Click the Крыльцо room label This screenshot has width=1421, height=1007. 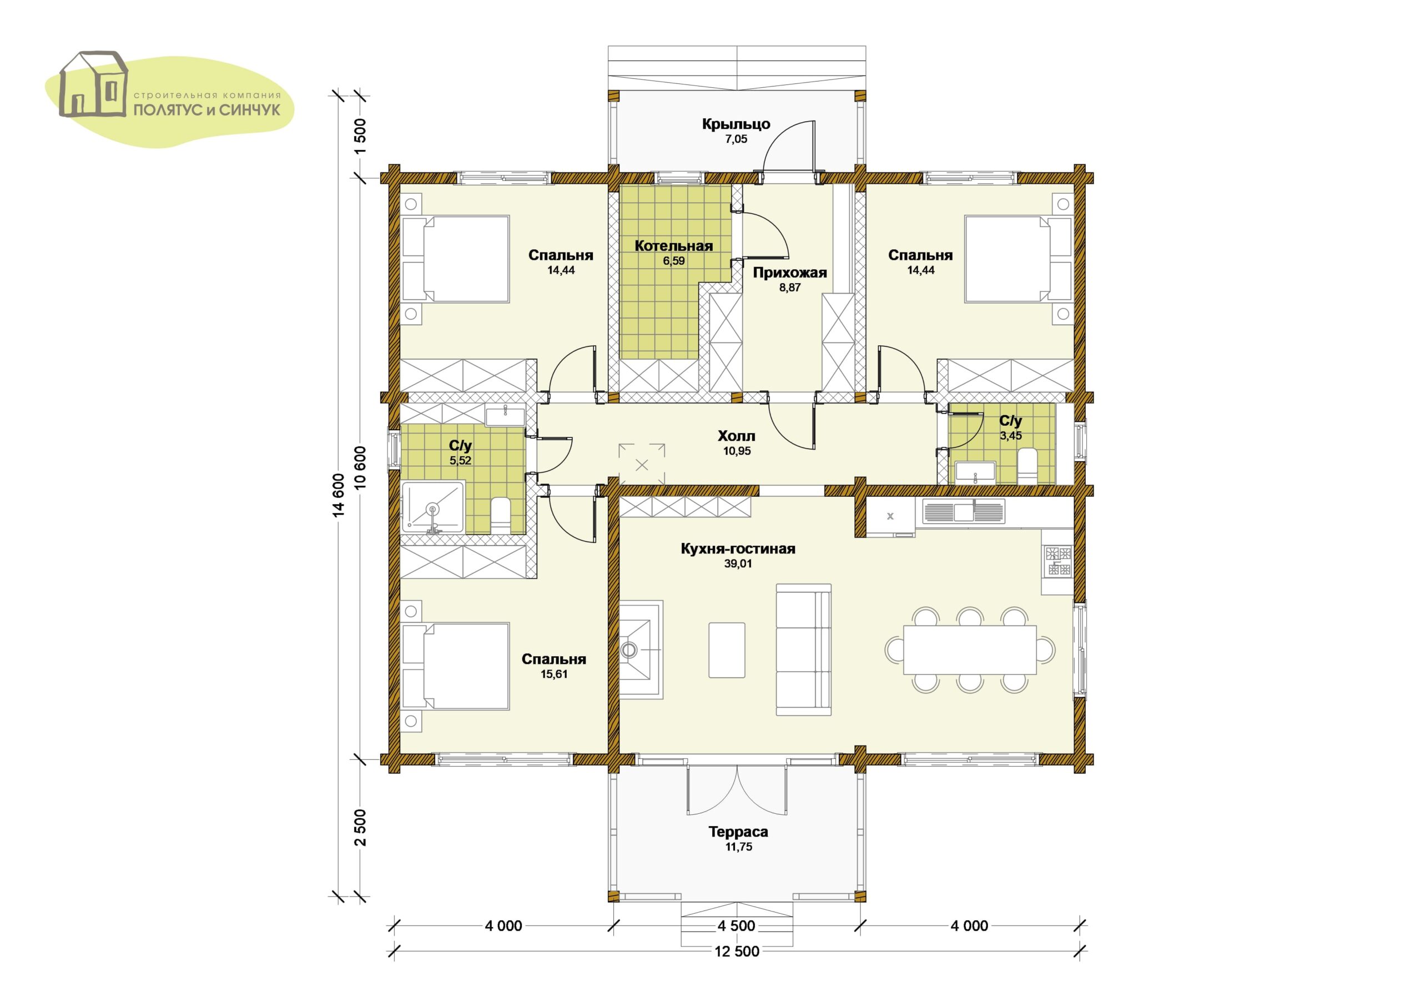pos(736,124)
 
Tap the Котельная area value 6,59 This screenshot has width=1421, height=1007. pos(674,261)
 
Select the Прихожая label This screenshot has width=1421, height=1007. pos(790,273)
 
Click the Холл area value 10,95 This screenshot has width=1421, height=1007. pos(737,451)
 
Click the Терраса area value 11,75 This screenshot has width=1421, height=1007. pos(738,847)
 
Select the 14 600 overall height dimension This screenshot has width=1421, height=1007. pos(338,495)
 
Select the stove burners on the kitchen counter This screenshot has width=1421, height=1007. pos(1059,561)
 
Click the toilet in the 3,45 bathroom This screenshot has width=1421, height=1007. pos(1027,468)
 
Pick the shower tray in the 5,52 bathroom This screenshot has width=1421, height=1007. pos(433,507)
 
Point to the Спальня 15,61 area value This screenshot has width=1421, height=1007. pos(555,674)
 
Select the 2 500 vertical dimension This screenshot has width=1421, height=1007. pos(361,827)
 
